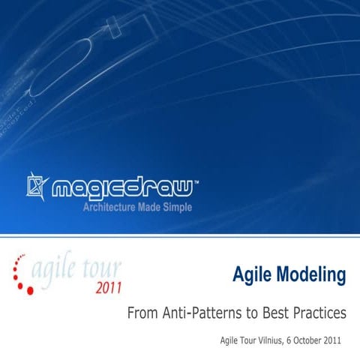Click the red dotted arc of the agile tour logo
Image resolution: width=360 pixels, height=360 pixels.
coord(20,274)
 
